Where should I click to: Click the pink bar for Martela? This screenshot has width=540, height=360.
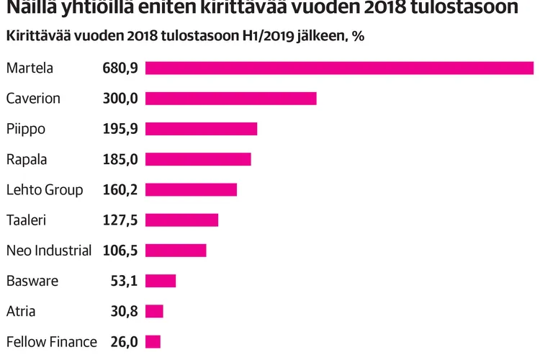pyautogui.click(x=339, y=68)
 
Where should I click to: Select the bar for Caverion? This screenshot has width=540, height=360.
pyautogui.click(x=231, y=99)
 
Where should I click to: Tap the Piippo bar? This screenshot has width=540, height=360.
pyautogui.click(x=202, y=129)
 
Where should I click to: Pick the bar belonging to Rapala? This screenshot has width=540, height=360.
pyautogui.click(x=198, y=159)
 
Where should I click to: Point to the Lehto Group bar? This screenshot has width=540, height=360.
pyautogui.click(x=191, y=189)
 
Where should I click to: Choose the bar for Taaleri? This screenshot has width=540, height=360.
pyautogui.click(x=181, y=220)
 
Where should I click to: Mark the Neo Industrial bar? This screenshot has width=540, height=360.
pyautogui.click(x=176, y=251)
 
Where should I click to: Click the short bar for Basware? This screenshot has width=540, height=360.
pyautogui.click(x=161, y=281)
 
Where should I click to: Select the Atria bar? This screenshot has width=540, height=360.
pyautogui.click(x=154, y=311)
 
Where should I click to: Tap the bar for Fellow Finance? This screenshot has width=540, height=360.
pyautogui.click(x=153, y=341)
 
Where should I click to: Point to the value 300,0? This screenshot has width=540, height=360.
pyautogui.click(x=120, y=99)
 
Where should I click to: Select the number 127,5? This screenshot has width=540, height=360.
pyautogui.click(x=120, y=220)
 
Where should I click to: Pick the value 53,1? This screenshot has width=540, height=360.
pyautogui.click(x=124, y=281)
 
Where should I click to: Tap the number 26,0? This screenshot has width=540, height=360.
pyautogui.click(x=124, y=342)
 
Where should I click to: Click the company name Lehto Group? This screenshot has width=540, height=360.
pyautogui.click(x=45, y=190)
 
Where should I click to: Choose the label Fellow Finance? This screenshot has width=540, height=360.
pyautogui.click(x=51, y=342)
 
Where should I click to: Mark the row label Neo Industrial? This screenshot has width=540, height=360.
pyautogui.click(x=49, y=251)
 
